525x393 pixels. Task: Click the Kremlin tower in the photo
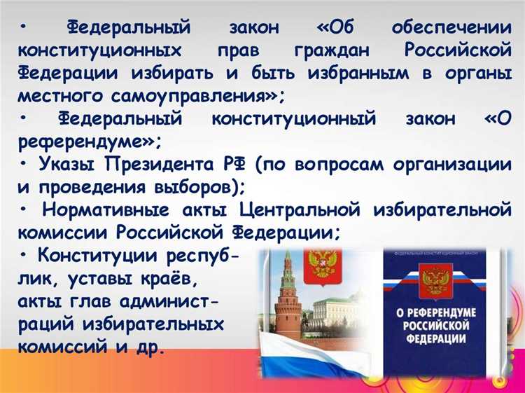point(286,301)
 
